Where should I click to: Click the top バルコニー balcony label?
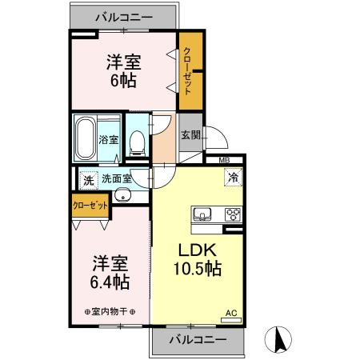click(123, 15)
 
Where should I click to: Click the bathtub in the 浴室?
click(86, 138)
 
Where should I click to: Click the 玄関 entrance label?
click(190, 134)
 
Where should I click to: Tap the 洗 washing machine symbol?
click(88, 178)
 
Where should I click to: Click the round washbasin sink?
click(122, 197)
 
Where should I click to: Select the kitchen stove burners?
click(234, 214)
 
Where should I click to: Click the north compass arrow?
click(281, 339)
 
